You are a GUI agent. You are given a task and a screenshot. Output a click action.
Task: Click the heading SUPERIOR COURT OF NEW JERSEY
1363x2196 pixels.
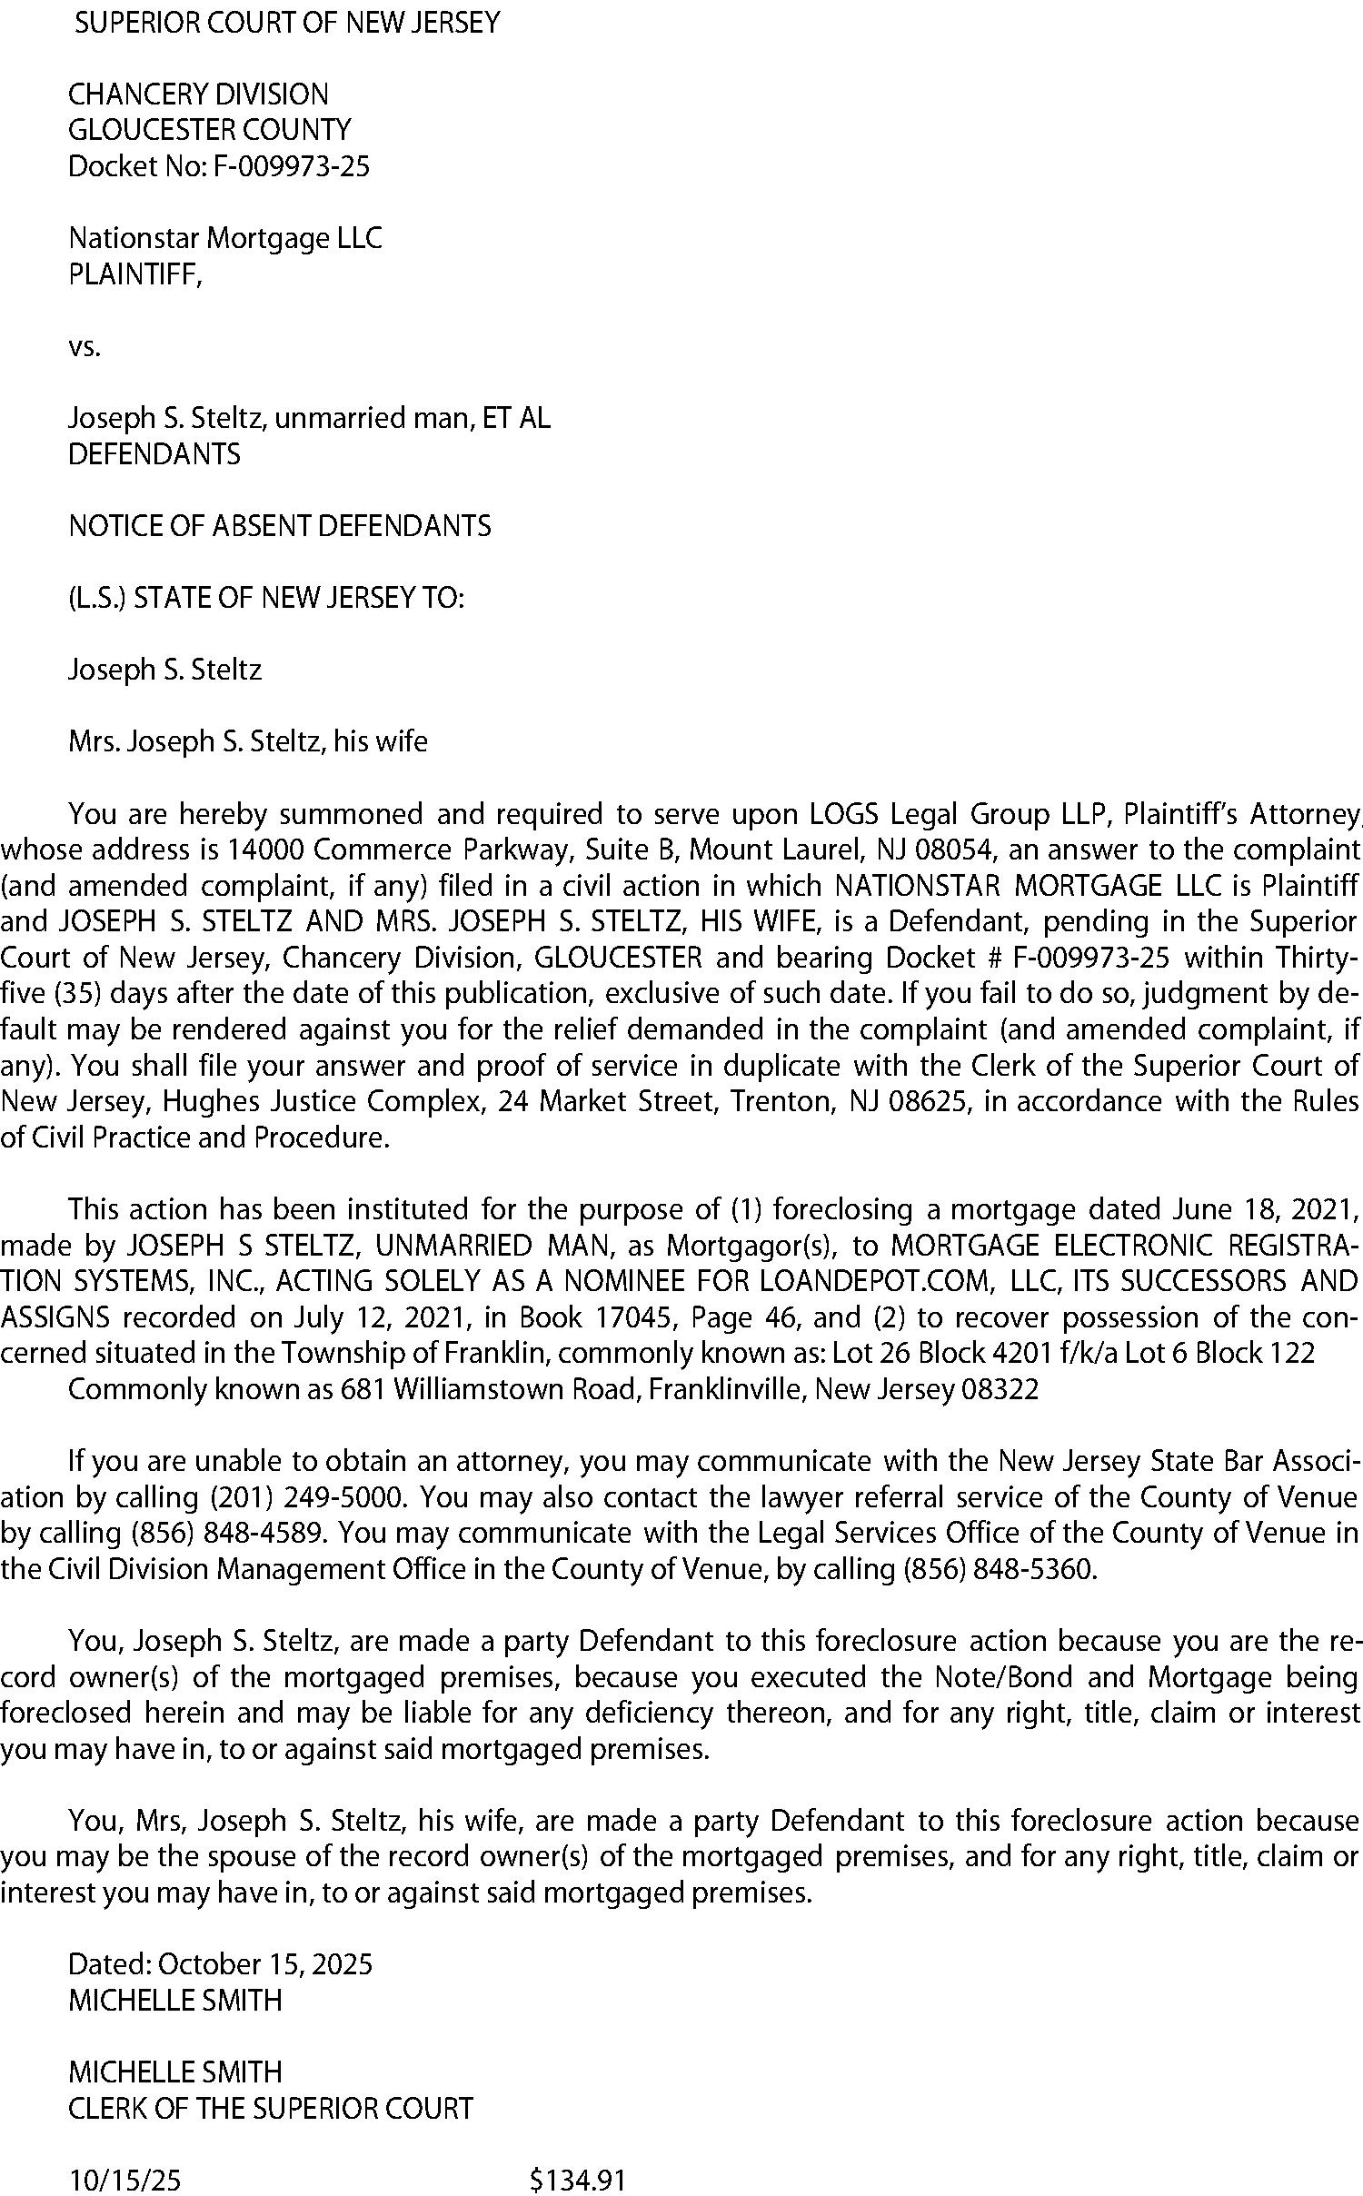(287, 23)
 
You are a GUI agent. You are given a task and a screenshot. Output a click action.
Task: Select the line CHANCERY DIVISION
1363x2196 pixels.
(198, 94)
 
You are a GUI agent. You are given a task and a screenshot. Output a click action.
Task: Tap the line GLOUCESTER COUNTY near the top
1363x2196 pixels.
(209, 130)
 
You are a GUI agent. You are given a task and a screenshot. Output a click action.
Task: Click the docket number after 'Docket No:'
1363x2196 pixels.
(291, 166)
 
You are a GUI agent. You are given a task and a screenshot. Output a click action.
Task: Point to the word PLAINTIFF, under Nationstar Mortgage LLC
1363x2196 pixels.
(135, 274)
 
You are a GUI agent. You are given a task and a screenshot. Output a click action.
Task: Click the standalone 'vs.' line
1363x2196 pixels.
(85, 346)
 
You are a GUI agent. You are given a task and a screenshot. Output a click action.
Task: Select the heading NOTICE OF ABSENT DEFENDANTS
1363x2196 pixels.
(280, 526)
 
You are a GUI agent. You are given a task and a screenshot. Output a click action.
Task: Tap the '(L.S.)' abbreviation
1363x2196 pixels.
(97, 598)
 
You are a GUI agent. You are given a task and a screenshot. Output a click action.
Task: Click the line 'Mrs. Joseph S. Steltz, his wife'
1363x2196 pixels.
(247, 742)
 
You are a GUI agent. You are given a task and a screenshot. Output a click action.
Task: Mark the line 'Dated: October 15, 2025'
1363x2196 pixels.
(220, 1964)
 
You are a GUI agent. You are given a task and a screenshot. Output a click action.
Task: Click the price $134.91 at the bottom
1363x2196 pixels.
(578, 2181)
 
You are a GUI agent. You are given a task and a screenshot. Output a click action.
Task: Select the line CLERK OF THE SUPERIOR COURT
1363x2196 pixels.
(271, 2109)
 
